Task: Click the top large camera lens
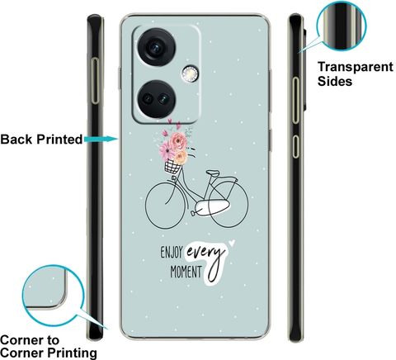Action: click(x=156, y=47)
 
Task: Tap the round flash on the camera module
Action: click(x=189, y=73)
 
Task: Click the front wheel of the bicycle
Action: click(x=165, y=205)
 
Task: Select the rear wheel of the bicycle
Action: click(x=229, y=204)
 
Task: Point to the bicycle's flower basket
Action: click(x=172, y=167)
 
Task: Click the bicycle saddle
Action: click(x=213, y=173)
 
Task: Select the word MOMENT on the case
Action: click(x=186, y=272)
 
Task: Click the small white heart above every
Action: click(x=232, y=243)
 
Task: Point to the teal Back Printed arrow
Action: click(x=101, y=140)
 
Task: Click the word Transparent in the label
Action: click(x=356, y=67)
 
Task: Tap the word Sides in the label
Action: click(x=335, y=82)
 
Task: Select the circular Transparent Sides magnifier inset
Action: click(x=341, y=26)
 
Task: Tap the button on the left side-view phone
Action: click(x=95, y=81)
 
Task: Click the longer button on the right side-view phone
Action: click(x=295, y=100)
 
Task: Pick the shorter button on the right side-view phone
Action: click(x=295, y=146)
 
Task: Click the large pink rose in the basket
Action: click(x=178, y=141)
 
